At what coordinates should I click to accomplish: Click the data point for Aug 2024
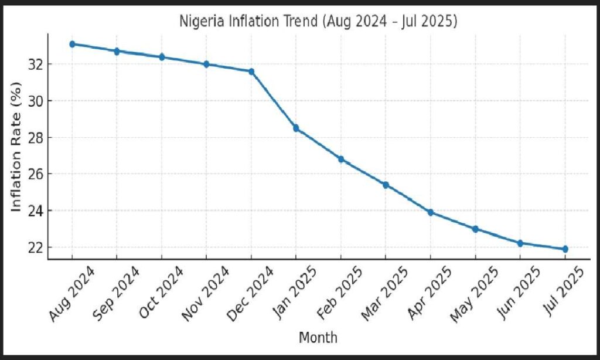pos(72,44)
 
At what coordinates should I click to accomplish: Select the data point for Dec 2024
pos(251,72)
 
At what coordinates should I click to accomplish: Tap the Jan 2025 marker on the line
pos(296,128)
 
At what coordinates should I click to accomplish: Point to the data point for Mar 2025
pos(386,185)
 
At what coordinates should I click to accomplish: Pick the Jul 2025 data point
pos(565,249)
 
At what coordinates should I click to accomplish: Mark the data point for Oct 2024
pos(162,57)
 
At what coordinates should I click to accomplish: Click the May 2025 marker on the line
pos(475,229)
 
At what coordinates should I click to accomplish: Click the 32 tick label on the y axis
pos(36,64)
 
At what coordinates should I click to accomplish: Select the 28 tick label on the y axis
pos(36,137)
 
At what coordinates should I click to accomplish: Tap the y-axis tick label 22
pos(36,247)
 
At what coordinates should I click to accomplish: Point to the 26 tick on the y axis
pos(36,174)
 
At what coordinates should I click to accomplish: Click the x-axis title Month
pos(318,338)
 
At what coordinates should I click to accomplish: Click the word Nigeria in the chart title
pos(200,22)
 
